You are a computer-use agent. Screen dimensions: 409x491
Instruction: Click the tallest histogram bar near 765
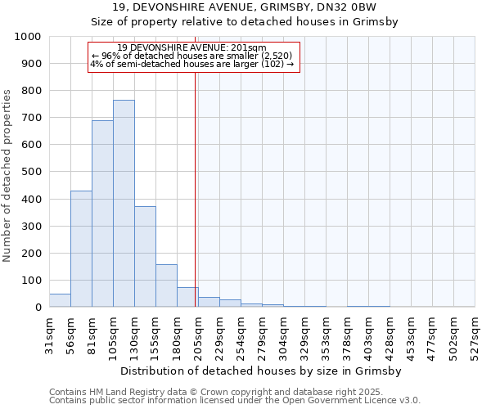point(124,204)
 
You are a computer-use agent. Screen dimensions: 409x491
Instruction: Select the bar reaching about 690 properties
point(102,213)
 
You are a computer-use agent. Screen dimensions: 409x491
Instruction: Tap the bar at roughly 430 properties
point(81,249)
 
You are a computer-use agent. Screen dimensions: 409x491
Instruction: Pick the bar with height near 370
point(145,257)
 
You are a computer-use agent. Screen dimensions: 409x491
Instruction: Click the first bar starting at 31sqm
point(60,300)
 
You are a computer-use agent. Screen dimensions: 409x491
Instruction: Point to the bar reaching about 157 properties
point(166,285)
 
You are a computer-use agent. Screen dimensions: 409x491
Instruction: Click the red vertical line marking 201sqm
point(195,188)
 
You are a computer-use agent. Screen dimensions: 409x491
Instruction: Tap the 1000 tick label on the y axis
point(28,37)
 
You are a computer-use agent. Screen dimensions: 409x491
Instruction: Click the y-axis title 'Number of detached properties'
point(7,176)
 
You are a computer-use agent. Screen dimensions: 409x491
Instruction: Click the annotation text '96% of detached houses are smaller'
point(195,55)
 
